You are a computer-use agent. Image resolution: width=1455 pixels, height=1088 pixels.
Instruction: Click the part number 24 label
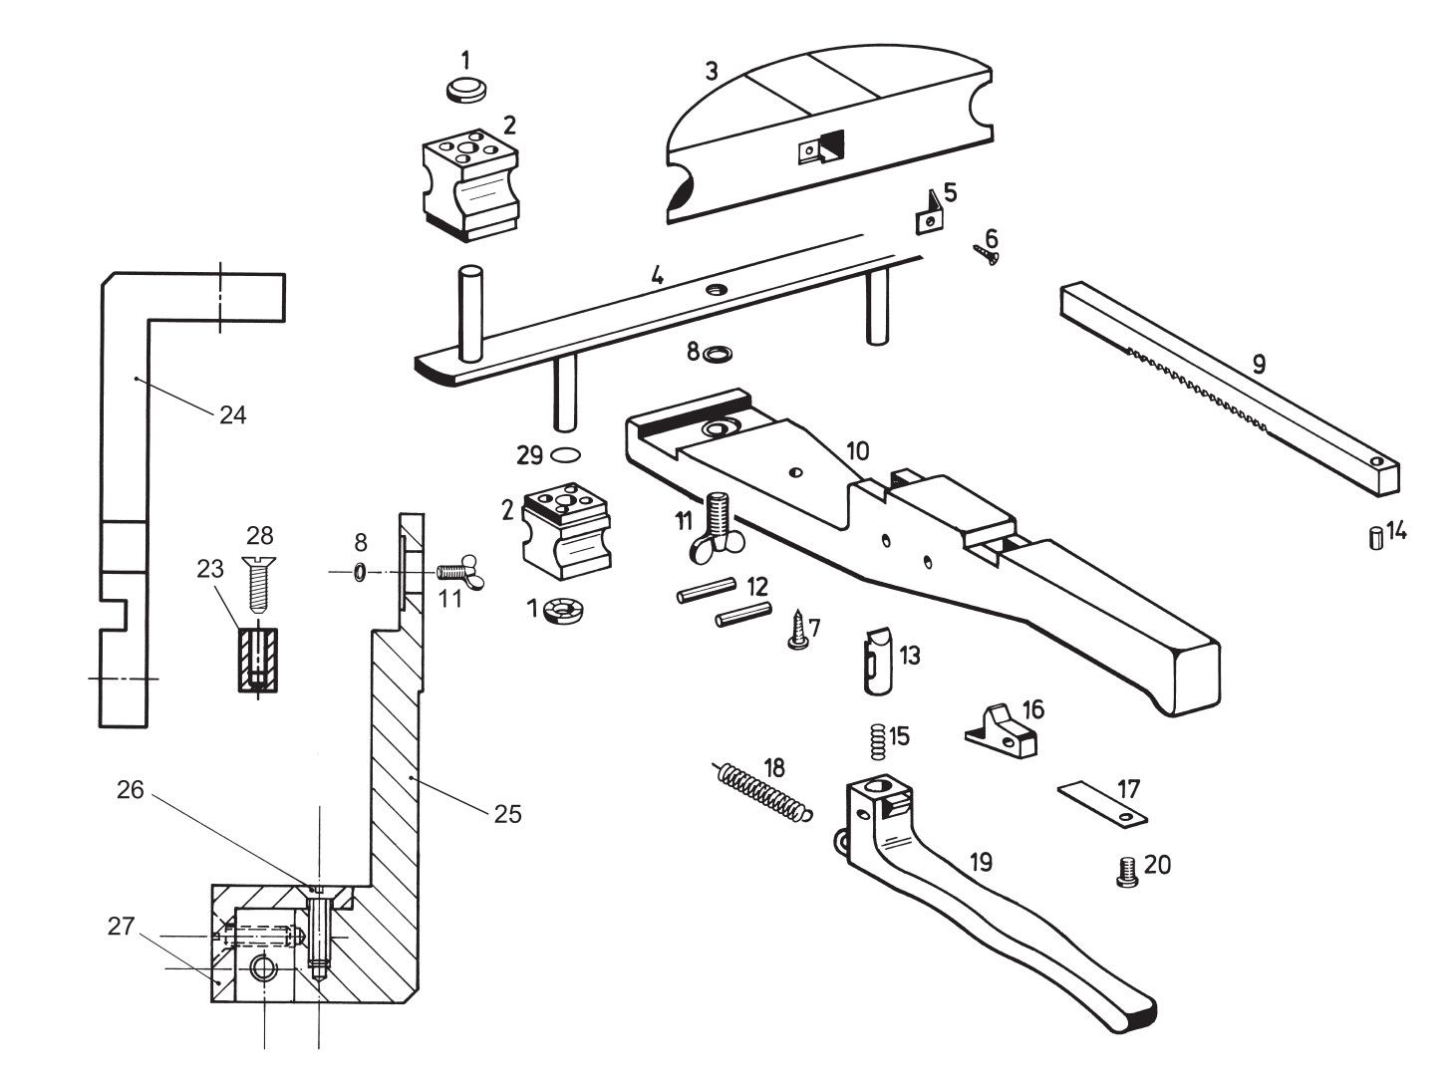coord(232,415)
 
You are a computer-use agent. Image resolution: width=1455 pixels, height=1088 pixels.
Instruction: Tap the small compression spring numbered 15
coord(877,742)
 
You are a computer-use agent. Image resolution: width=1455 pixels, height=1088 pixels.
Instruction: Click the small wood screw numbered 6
coord(986,254)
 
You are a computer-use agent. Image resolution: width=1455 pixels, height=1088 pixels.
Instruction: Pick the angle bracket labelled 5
coord(929,212)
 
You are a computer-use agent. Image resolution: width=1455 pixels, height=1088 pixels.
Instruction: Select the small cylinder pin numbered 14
coord(1376,538)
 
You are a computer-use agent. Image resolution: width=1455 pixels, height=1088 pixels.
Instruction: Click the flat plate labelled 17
coord(1101,804)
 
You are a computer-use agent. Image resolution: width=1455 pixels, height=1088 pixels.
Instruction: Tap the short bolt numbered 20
coord(1126,872)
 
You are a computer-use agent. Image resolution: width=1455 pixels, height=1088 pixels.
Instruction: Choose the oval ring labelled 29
coord(565,454)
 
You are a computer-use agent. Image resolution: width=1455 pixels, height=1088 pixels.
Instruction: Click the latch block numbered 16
coord(1001,731)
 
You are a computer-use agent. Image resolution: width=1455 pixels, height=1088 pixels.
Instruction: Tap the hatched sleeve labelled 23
coord(258,660)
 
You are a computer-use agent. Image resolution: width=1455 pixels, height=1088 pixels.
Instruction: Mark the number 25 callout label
coord(508,814)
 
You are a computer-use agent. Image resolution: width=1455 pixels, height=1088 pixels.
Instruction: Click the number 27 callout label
coord(121,926)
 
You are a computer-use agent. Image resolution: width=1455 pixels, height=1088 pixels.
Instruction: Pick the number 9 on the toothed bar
coord(1259,364)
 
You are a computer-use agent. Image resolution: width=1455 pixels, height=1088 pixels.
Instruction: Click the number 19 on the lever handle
coord(981,862)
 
